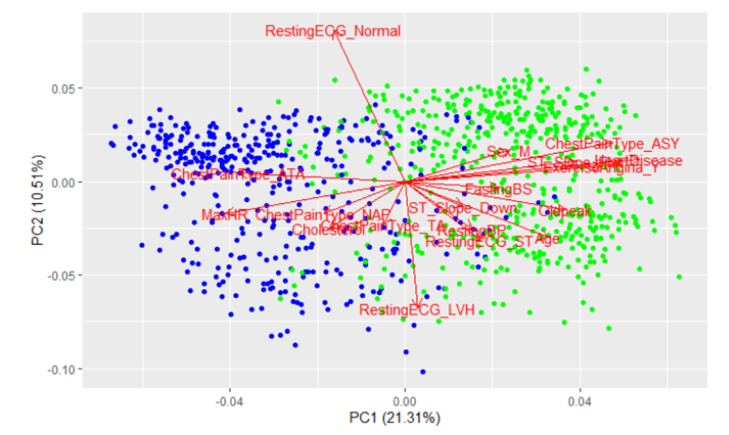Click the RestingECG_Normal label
[x=333, y=31]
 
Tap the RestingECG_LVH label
[x=417, y=310]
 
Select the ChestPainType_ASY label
[x=612, y=144]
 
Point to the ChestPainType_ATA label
[x=238, y=174]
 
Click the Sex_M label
[x=508, y=152]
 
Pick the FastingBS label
[x=498, y=190]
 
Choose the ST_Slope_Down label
[x=462, y=208]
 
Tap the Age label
[x=547, y=239]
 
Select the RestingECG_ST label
[x=478, y=242]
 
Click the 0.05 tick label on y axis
[x=62, y=88]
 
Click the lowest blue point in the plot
[x=423, y=372]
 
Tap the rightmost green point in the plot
[x=679, y=277]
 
